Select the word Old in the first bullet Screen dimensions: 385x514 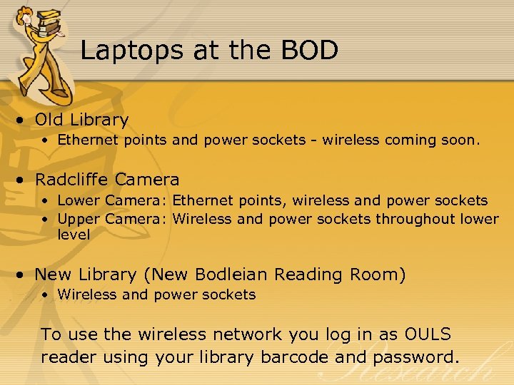point(49,120)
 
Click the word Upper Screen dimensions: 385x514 point(79,219)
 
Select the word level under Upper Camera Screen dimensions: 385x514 point(74,235)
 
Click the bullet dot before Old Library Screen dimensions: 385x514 point(24,120)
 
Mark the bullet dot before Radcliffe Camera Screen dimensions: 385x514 point(24,180)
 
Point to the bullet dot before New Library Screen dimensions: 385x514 point(24,275)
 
